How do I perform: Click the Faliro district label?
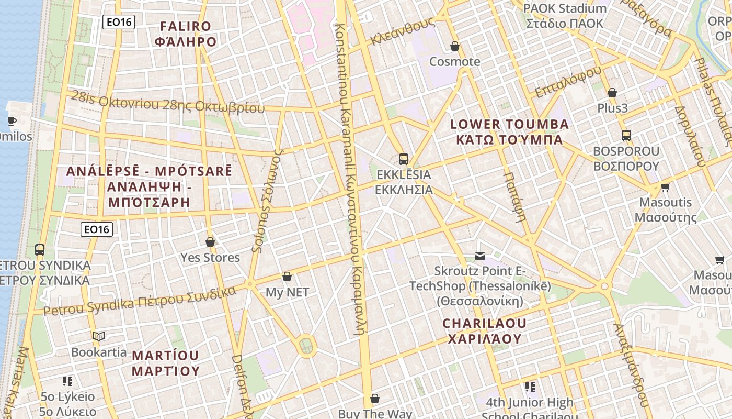point(186,34)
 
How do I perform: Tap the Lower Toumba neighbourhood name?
point(509,132)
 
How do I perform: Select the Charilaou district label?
point(485,331)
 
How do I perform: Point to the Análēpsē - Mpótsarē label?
point(149,186)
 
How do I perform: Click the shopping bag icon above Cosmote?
point(455,46)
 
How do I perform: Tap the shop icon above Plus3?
point(612,93)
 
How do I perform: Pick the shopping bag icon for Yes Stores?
point(210,242)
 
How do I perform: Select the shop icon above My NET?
point(287,277)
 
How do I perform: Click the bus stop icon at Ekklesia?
point(403,159)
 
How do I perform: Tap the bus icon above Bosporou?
point(626,136)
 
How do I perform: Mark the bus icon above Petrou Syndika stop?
point(40,249)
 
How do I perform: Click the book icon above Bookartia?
point(99,336)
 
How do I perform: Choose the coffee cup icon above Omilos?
point(12,122)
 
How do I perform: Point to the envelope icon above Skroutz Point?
point(480,256)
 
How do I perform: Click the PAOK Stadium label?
point(565,16)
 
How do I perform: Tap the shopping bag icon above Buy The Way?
point(374,399)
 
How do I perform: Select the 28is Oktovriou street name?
point(168,102)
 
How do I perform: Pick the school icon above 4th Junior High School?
point(530,387)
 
